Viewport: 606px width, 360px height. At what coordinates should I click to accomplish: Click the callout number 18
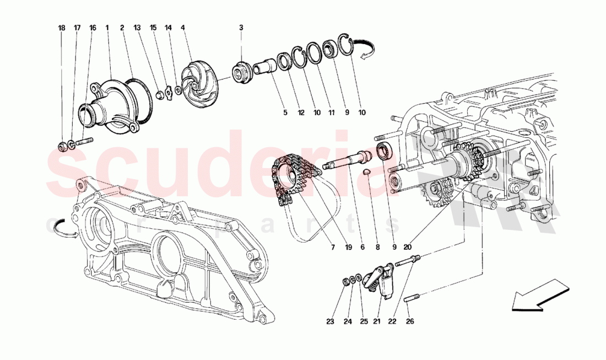(x=62, y=27)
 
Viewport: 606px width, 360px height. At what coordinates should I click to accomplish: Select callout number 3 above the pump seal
(x=241, y=27)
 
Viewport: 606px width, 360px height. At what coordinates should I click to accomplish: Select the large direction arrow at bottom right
(x=539, y=294)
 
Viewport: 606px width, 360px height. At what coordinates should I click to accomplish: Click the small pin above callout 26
(x=413, y=299)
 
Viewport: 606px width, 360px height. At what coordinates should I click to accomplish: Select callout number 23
(x=330, y=321)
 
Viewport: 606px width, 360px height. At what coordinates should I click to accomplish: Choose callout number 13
(x=137, y=27)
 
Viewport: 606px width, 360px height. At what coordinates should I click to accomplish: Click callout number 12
(x=300, y=112)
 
